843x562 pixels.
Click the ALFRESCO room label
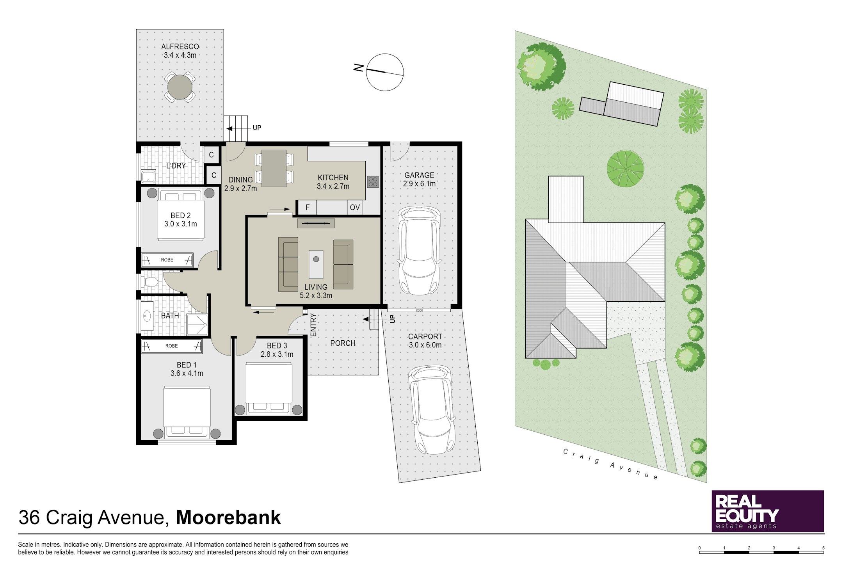tap(180, 47)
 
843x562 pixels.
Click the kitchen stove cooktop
tap(373, 181)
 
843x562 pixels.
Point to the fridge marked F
tap(308, 207)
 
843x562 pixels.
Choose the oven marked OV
tap(355, 207)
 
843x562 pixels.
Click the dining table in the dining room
tap(274, 168)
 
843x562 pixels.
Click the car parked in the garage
tap(419, 251)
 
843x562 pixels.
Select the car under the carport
tap(431, 410)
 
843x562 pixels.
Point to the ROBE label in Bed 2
tap(167, 260)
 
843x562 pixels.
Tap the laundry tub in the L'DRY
tap(148, 176)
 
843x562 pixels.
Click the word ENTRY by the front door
tap(313, 325)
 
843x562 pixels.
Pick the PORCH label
tap(343, 343)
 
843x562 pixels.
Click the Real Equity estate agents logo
tap(768, 511)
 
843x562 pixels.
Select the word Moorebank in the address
tap(228, 518)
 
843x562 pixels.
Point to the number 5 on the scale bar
tap(823, 548)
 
